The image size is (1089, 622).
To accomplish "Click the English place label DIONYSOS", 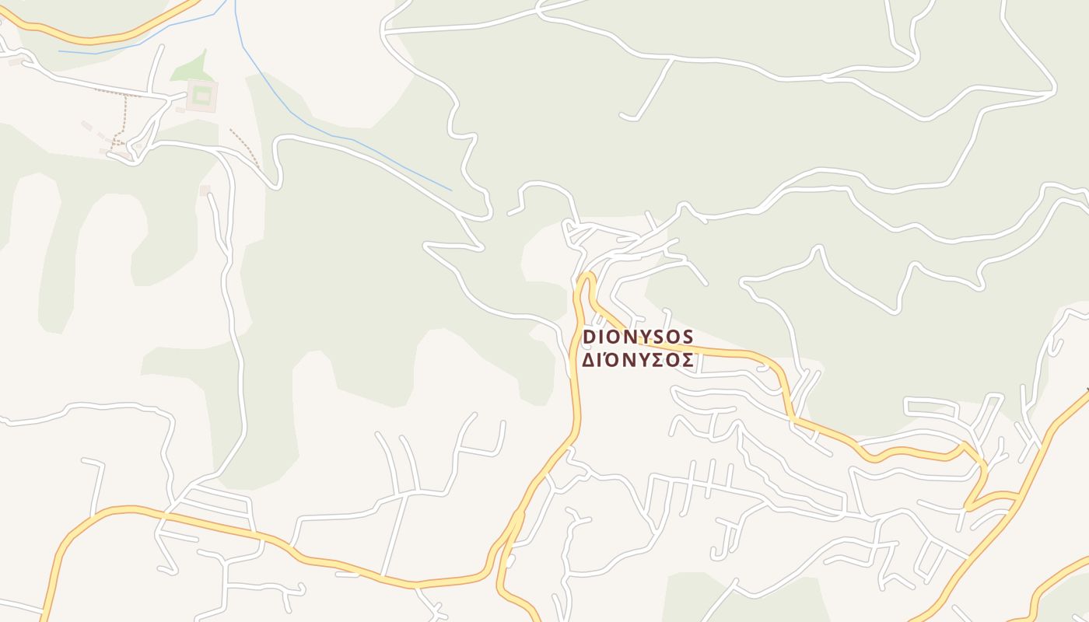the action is (x=638, y=337).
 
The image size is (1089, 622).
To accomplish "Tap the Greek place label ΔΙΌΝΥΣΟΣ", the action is (x=638, y=360).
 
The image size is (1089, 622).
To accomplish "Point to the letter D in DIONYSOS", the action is (x=589, y=337).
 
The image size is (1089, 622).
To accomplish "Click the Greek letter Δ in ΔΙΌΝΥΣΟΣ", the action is (x=589, y=361).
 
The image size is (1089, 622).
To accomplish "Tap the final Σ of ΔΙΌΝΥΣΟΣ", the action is (x=688, y=361).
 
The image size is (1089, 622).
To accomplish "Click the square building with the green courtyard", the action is (x=202, y=96).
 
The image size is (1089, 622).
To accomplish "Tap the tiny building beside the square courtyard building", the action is (x=180, y=110).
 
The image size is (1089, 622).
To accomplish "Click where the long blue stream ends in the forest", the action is (x=451, y=190).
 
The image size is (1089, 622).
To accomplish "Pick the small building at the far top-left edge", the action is (x=15, y=61).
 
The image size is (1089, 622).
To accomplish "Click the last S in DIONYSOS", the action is (x=688, y=337).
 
